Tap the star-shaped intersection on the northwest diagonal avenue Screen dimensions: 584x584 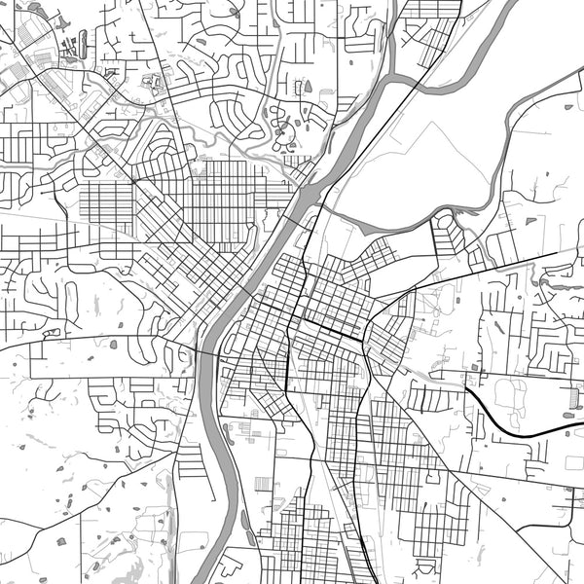[x=133, y=181]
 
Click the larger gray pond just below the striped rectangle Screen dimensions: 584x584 [x=568, y=416]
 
